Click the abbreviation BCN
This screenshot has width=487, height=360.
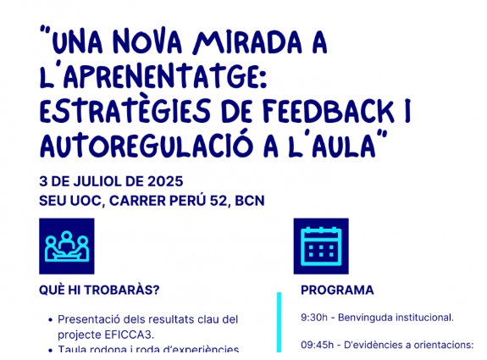click(x=250, y=201)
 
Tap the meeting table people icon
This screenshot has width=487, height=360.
click(x=67, y=246)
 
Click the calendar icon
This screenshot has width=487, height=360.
click(x=320, y=246)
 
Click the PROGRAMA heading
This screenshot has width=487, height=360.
click(x=337, y=290)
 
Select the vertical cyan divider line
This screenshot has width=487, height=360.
click(x=279, y=326)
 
